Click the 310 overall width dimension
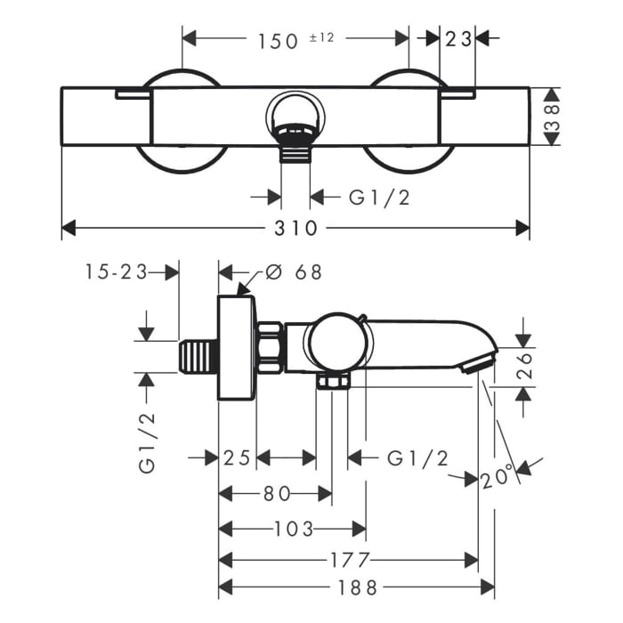(x=295, y=229)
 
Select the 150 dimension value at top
(x=278, y=41)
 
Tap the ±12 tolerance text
(x=322, y=37)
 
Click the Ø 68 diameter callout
(x=293, y=272)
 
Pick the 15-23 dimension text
(x=116, y=272)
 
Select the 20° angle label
(x=498, y=477)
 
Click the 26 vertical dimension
(x=524, y=366)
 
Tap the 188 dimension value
(x=357, y=588)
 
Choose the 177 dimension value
(x=350, y=561)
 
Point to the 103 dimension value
(x=294, y=530)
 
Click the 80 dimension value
(x=277, y=494)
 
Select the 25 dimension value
(x=238, y=458)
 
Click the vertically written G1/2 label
(x=147, y=443)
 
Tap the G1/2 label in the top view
(x=379, y=198)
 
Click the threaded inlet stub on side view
(x=198, y=357)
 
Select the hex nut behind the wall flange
(x=271, y=349)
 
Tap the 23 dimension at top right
(x=457, y=39)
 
